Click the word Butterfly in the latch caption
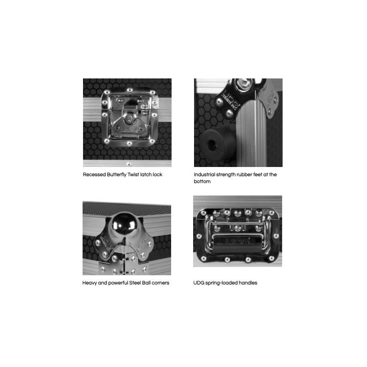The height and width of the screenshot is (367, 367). point(117,175)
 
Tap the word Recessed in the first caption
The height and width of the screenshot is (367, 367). point(95,175)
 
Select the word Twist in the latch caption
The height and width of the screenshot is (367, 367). point(133,175)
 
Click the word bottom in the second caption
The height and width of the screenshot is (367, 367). point(202,181)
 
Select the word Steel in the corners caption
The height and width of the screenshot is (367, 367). point(135,283)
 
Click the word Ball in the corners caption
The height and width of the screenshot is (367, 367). point(146,283)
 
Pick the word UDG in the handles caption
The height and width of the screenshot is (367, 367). point(199,283)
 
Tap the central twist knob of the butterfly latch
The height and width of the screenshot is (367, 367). point(128,119)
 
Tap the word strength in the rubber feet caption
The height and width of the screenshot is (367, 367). point(226,175)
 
